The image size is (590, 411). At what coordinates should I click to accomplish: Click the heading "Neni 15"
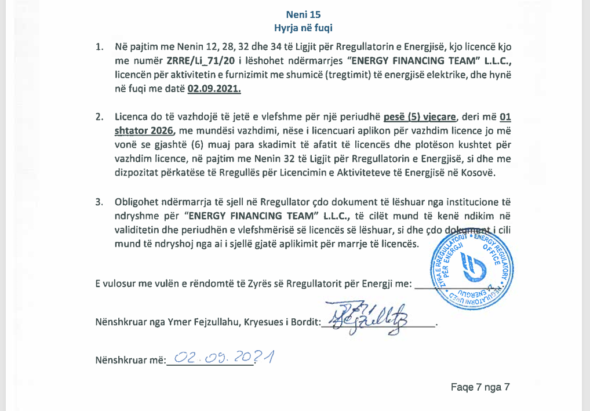point(303,14)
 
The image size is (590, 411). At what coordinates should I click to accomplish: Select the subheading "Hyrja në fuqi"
point(303,27)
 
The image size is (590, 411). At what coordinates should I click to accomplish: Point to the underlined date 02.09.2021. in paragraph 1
point(214,89)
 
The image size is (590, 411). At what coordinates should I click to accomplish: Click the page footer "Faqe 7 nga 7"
point(480,387)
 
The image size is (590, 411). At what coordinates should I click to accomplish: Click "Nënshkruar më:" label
point(130,361)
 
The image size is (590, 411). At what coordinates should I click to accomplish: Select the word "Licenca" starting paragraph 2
point(133,117)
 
